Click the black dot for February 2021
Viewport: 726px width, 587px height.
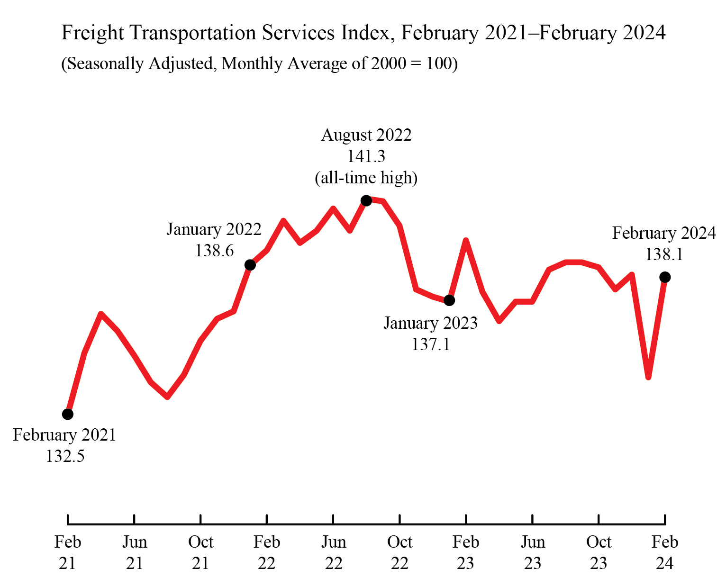point(68,414)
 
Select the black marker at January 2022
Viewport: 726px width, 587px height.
point(250,265)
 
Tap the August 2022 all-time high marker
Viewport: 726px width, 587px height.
point(366,201)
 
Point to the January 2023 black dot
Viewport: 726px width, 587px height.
point(450,300)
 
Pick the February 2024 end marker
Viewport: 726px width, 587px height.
point(665,277)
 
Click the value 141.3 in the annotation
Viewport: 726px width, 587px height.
point(366,156)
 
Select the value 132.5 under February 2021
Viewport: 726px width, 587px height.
point(65,456)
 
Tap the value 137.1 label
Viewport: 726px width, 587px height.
point(430,344)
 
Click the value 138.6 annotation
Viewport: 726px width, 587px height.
point(214,251)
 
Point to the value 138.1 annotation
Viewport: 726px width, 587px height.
point(664,255)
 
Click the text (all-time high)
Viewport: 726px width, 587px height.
point(366,178)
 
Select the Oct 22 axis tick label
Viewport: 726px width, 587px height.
point(399,552)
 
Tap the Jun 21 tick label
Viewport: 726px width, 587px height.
point(135,552)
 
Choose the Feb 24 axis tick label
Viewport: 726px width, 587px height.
point(664,552)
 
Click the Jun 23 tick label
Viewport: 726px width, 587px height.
point(533,552)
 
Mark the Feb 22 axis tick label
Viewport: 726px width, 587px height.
point(267,552)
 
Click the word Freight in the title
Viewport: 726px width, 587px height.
point(93,33)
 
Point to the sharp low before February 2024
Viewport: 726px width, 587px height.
point(648,377)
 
